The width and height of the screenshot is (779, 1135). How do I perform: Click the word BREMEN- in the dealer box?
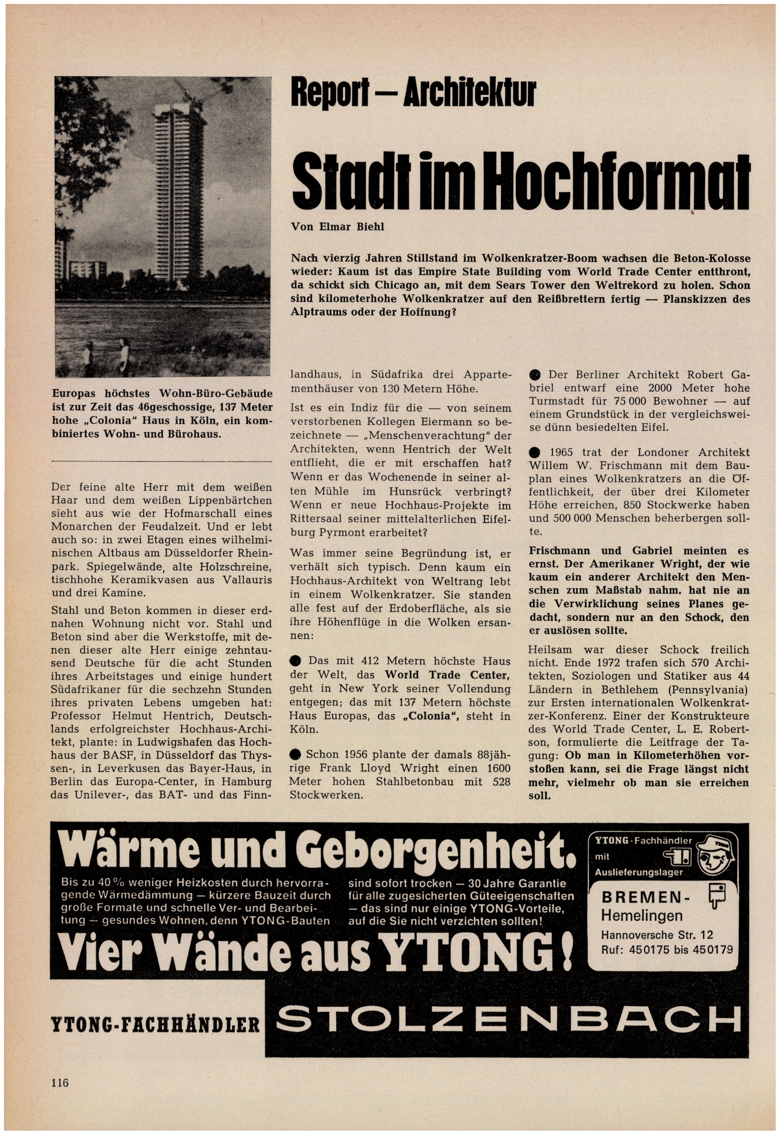pos(643,898)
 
